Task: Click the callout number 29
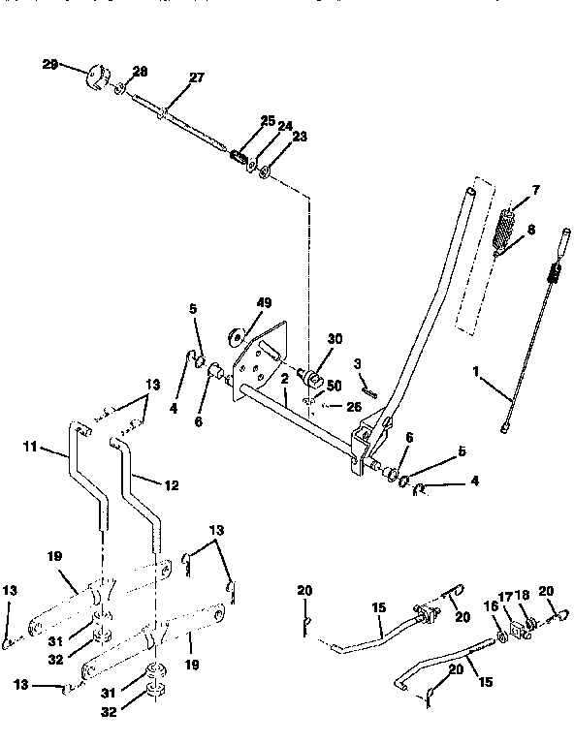[x=50, y=64]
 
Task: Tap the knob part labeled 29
[x=98, y=76]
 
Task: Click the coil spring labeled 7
[x=506, y=229]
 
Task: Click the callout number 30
[x=335, y=339]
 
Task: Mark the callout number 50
[x=334, y=386]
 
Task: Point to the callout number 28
[x=141, y=72]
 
